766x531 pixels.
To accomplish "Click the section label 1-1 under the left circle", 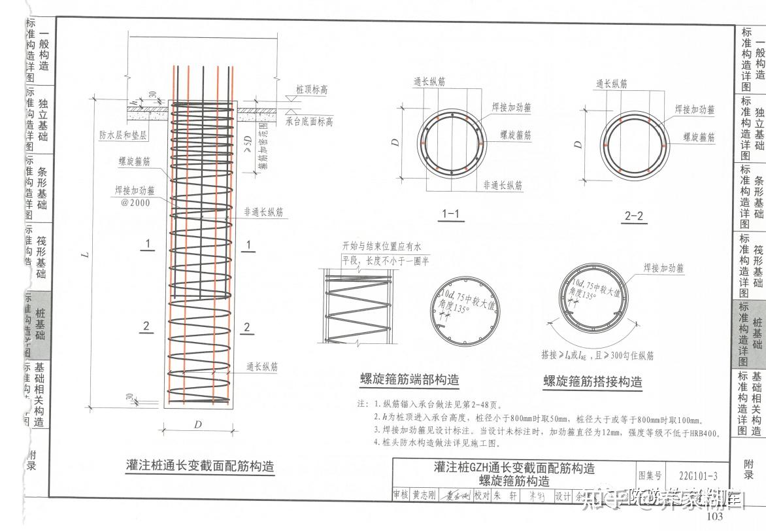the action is click(x=451, y=214).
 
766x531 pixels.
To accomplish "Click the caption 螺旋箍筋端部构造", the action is click(x=409, y=379).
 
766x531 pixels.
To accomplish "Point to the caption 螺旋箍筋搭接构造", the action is click(x=592, y=381).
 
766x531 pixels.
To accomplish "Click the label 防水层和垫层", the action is click(x=123, y=135).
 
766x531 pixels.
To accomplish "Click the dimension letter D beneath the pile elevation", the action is click(x=198, y=424).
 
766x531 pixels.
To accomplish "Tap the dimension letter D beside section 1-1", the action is click(x=396, y=143).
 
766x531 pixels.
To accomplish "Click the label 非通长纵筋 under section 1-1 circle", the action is click(x=503, y=185).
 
